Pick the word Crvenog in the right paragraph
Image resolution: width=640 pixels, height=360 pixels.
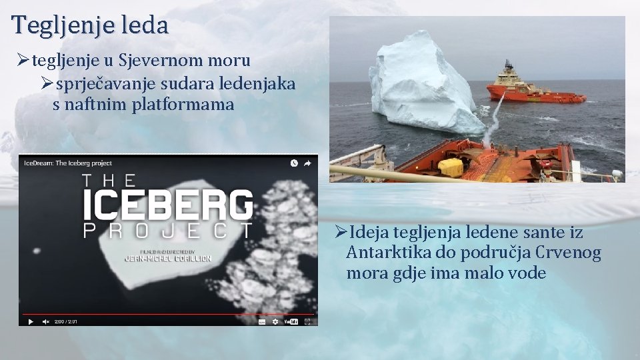569,253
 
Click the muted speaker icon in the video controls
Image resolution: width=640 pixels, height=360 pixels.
46,321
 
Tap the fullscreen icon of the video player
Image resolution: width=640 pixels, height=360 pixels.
307,321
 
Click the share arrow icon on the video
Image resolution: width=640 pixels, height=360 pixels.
308,163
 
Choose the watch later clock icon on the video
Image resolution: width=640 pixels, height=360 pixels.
294,163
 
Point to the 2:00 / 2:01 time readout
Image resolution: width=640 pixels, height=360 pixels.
65,321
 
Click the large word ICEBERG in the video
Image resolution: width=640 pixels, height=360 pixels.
167,205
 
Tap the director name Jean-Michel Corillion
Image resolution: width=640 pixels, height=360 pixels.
167,258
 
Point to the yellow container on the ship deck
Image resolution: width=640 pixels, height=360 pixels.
451,167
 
